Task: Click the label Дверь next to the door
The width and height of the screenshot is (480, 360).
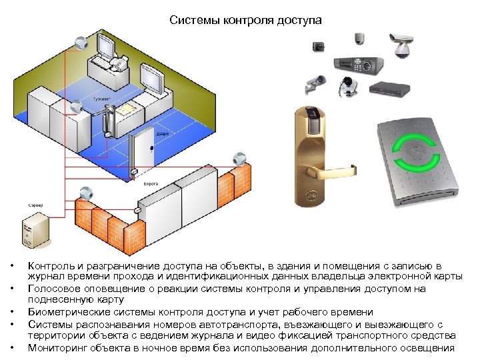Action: pyautogui.click(x=162, y=133)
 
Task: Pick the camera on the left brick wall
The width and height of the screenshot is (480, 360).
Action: pyautogui.click(x=84, y=194)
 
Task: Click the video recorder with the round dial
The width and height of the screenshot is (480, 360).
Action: pyautogui.click(x=358, y=64)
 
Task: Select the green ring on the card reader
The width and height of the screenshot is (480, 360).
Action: pyautogui.click(x=417, y=154)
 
